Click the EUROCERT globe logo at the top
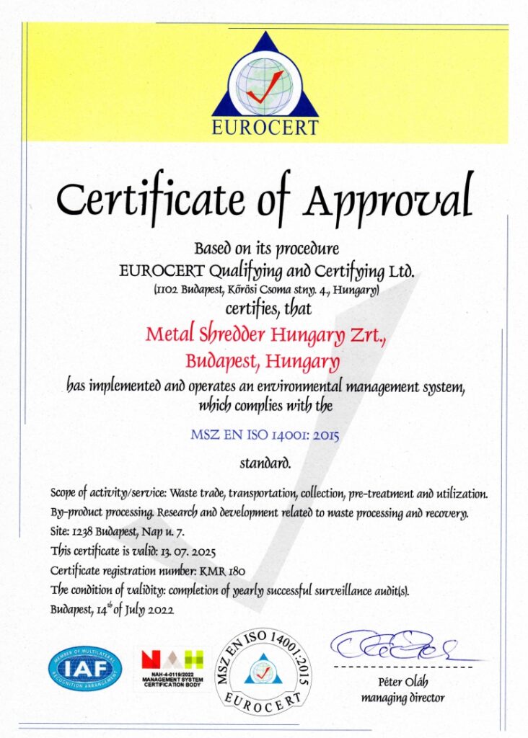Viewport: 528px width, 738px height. [x=265, y=83]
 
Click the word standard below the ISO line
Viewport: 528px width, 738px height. [x=265, y=463]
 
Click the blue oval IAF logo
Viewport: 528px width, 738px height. [x=85, y=669]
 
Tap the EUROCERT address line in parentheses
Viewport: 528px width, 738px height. [x=265, y=290]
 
